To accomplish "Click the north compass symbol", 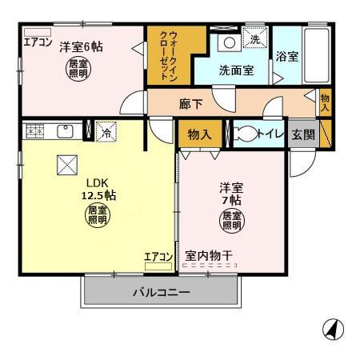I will click(334, 327).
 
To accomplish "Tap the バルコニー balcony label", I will click(161, 293).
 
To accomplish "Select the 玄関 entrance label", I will click(302, 134).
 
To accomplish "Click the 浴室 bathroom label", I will click(287, 58).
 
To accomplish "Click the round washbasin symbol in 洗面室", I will click(227, 42).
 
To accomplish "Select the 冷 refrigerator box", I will click(104, 132).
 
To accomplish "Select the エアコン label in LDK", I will click(158, 257).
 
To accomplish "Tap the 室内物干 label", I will click(209, 256).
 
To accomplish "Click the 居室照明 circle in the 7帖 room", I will click(231, 220).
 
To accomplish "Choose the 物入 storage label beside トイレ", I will click(199, 134).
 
